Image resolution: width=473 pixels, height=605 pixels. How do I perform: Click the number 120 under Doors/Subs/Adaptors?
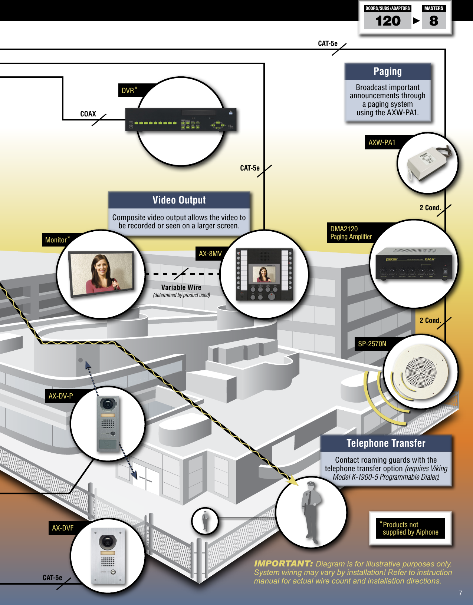tap(388, 21)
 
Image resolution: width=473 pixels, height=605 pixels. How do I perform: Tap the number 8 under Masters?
tap(434, 21)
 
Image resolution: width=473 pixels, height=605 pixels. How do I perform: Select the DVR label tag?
tap(129, 90)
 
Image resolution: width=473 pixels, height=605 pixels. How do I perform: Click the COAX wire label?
tap(88, 114)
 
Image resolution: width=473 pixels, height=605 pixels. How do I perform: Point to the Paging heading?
tap(387, 72)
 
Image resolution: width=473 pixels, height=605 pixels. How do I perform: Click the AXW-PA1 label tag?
tap(382, 142)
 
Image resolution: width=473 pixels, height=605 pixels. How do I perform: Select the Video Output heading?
tap(179, 200)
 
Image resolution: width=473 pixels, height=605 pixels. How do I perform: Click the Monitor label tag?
tap(57, 240)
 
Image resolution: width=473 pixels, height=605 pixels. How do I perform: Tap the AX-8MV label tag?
tap(210, 254)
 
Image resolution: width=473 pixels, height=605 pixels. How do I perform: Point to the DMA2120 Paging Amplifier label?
tap(351, 233)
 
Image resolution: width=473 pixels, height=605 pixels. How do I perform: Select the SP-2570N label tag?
tap(372, 344)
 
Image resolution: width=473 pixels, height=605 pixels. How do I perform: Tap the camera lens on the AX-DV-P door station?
tap(108, 404)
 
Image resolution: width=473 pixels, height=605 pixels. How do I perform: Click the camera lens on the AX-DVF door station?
tap(108, 542)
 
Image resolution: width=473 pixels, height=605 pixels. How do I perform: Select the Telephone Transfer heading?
tap(386, 443)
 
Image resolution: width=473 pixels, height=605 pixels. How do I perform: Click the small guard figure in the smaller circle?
tap(205, 520)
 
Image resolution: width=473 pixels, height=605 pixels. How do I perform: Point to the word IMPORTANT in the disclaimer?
tap(283, 563)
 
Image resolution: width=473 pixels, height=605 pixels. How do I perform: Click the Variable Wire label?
tap(181, 287)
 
